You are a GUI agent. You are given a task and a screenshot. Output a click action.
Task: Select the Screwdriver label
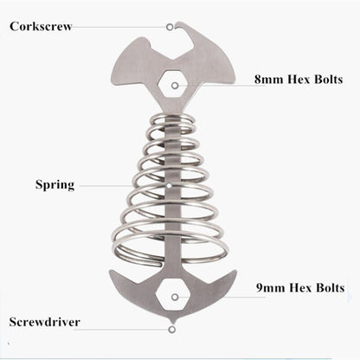coord(46,322)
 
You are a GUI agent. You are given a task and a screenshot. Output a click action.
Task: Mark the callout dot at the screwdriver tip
coord(172,323)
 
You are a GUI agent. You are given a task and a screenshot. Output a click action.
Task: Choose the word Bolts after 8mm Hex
coord(320,80)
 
